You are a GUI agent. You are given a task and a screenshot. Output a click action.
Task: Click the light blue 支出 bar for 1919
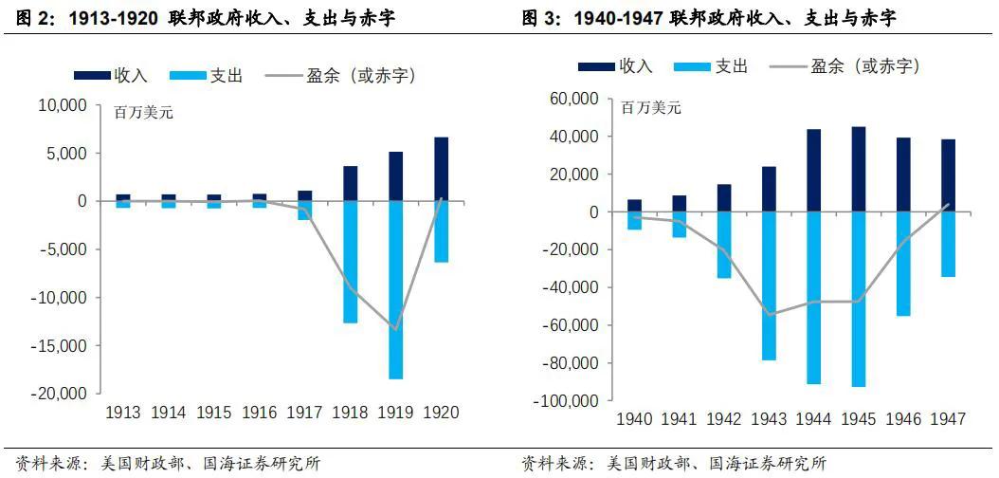pyautogui.click(x=395, y=289)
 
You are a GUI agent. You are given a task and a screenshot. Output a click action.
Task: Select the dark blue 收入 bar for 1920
pyautogui.click(x=441, y=169)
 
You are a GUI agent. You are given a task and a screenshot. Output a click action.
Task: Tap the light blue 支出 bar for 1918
pyautogui.click(x=350, y=262)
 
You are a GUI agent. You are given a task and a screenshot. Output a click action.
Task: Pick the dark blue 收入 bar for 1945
pyautogui.click(x=858, y=169)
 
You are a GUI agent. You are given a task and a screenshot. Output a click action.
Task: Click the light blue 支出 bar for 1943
pyautogui.click(x=769, y=285)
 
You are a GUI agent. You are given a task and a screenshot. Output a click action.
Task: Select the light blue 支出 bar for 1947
pyautogui.click(x=948, y=244)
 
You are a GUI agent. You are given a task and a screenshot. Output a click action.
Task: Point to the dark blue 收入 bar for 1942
pyautogui.click(x=724, y=197)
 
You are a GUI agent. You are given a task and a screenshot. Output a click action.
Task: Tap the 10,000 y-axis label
pyautogui.click(x=63, y=105)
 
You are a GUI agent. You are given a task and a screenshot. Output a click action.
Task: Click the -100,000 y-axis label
pyautogui.click(x=565, y=401)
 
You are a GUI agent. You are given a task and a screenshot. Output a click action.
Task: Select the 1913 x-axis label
pyautogui.click(x=123, y=413)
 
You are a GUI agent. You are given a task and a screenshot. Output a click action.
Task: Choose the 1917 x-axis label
pyautogui.click(x=304, y=413)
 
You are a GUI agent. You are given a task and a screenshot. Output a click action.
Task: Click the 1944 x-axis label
pyautogui.click(x=813, y=419)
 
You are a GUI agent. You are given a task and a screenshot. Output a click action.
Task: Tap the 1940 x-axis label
pyautogui.click(x=634, y=419)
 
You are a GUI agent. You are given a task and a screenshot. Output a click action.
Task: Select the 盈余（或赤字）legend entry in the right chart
pyautogui.click(x=844, y=65)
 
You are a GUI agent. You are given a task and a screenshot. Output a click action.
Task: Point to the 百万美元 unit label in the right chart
pyautogui.click(x=650, y=107)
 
